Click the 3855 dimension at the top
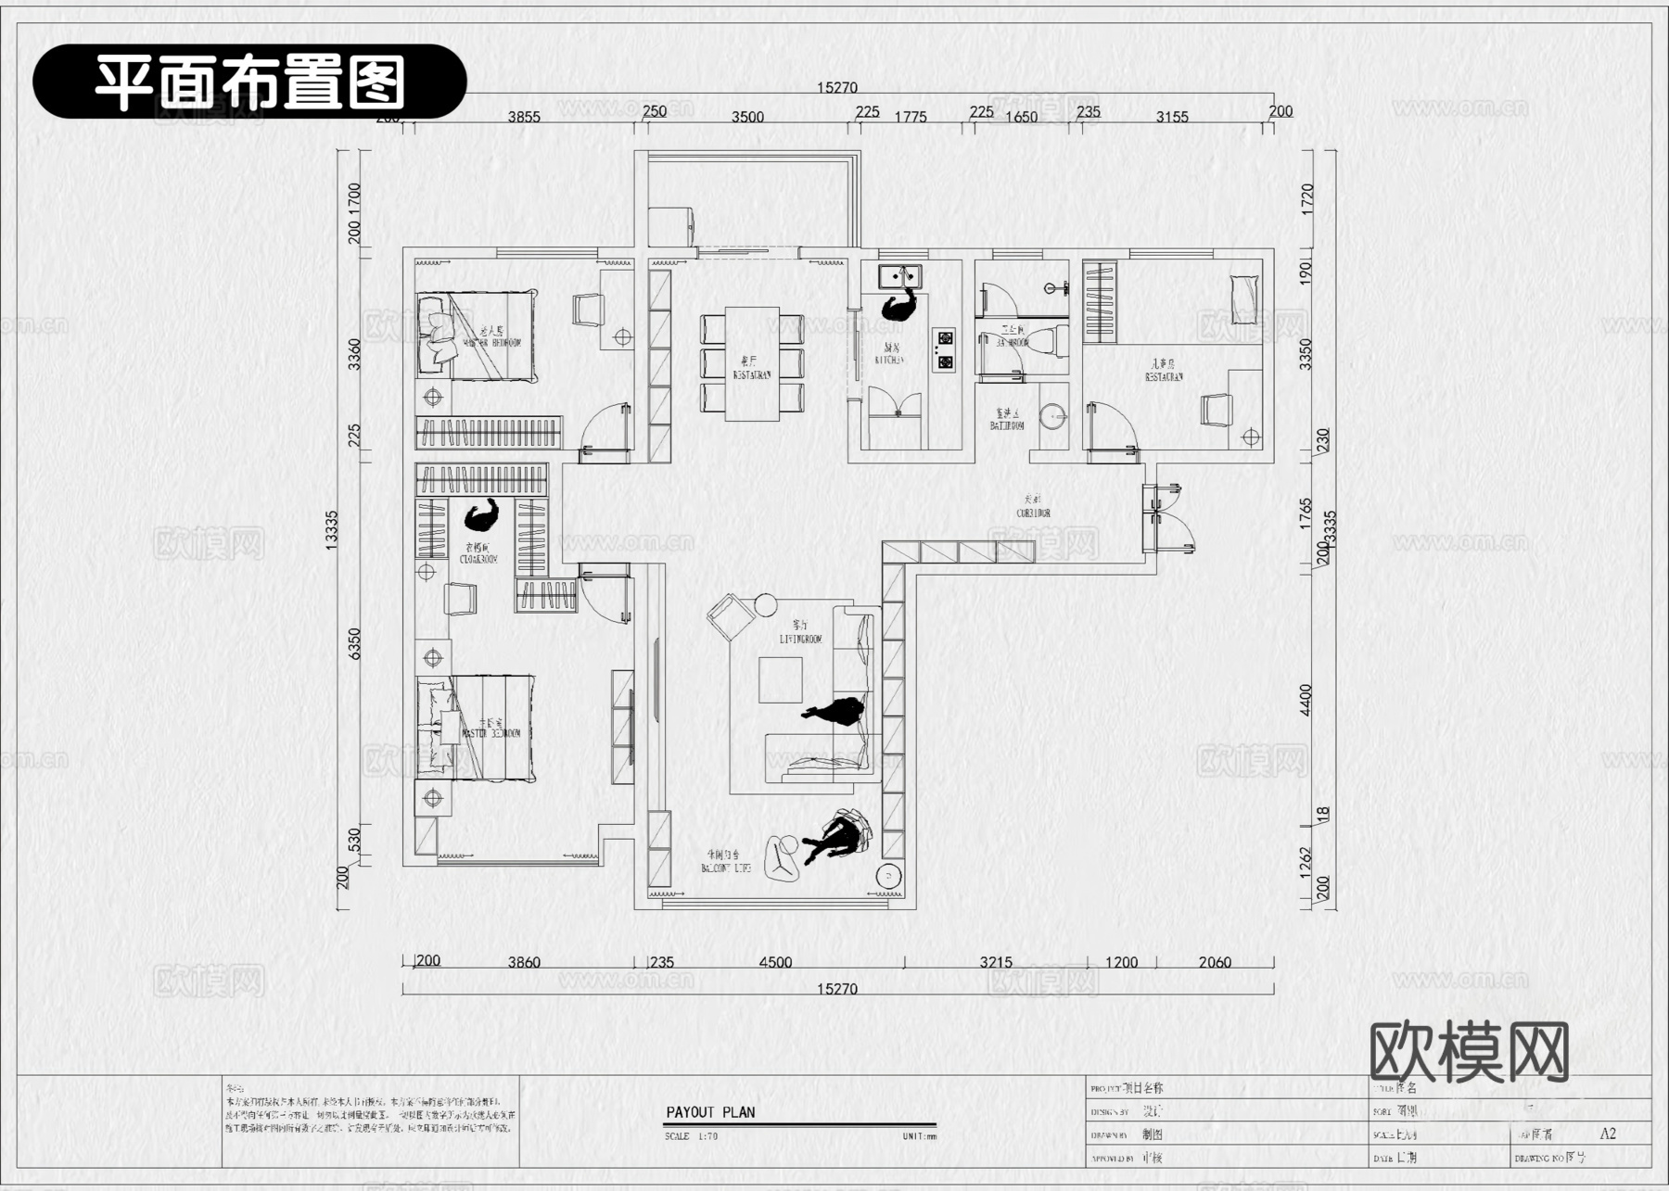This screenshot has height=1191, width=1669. (524, 117)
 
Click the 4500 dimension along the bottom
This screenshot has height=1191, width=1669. (775, 962)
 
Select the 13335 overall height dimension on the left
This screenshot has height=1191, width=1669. (332, 530)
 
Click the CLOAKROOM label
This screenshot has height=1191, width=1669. (478, 554)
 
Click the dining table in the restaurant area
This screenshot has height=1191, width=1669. (752, 363)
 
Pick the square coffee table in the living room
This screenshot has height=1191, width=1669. (780, 679)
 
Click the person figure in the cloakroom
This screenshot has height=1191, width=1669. (482, 513)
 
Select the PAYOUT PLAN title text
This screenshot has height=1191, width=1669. (710, 1112)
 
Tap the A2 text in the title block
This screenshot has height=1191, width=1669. (1608, 1134)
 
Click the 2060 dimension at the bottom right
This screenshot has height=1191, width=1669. (1214, 962)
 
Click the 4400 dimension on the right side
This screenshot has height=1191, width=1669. (1306, 700)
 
